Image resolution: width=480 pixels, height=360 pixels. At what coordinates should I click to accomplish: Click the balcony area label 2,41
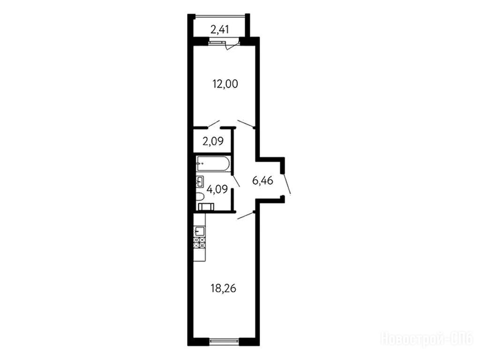[219, 30]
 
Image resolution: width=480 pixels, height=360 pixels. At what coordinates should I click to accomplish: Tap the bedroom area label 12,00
[225, 83]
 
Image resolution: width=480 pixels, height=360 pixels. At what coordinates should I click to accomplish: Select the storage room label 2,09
[213, 141]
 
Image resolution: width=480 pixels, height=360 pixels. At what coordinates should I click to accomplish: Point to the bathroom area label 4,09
[217, 189]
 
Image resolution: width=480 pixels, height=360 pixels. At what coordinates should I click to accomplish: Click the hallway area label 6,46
[262, 180]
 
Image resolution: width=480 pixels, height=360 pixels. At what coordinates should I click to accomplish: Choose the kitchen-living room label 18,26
[224, 288]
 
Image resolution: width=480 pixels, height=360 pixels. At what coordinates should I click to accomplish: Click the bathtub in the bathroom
[213, 164]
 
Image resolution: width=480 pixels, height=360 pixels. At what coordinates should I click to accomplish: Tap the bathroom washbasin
[200, 182]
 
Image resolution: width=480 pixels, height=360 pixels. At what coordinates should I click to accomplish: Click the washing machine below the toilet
[206, 207]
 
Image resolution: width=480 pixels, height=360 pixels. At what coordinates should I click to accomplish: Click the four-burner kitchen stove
[199, 243]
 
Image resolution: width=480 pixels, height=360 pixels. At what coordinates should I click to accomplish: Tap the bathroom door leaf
[236, 180]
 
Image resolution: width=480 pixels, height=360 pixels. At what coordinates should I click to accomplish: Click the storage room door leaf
[213, 124]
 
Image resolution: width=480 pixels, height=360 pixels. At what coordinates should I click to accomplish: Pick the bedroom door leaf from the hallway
[246, 124]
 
